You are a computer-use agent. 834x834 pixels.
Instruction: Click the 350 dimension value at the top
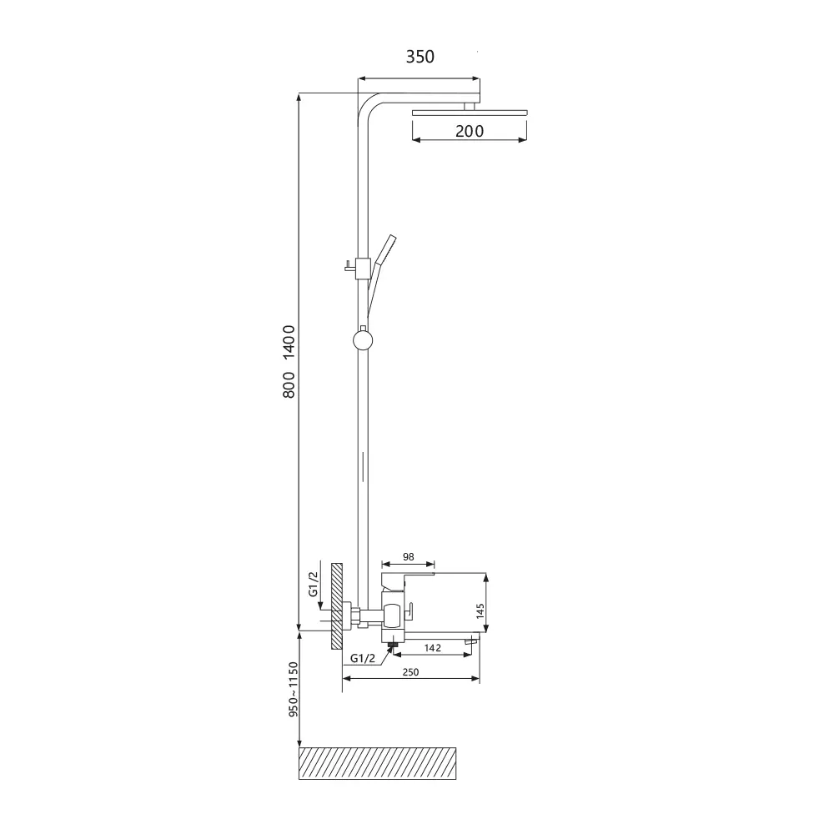coord(420,57)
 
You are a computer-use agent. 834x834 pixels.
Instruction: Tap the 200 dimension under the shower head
coord(470,131)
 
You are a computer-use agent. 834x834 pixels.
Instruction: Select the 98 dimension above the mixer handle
coord(408,557)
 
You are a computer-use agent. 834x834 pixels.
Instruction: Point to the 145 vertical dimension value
coord(480,610)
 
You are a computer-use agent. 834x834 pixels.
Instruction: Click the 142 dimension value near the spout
coord(432,648)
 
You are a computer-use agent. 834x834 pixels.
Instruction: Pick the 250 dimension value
coord(410,672)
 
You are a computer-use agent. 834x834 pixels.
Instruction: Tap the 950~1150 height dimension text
coord(293,690)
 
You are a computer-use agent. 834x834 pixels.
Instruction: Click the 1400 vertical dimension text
coord(289,343)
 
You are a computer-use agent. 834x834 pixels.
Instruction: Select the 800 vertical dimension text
coord(289,385)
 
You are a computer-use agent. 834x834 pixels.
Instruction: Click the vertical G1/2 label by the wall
coord(314,584)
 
